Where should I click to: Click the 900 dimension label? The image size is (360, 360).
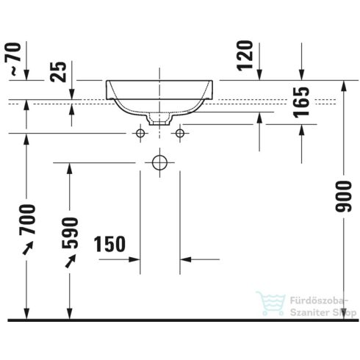343,196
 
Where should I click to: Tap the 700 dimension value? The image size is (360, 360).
27,220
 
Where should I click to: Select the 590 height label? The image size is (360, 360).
70,233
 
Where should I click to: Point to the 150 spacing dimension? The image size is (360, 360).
109,244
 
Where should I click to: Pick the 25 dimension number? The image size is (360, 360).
58,71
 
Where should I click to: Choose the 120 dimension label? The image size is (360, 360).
245,56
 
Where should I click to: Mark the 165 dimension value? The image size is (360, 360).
302,102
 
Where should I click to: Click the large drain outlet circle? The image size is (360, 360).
159,162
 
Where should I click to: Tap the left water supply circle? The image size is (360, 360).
140,134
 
